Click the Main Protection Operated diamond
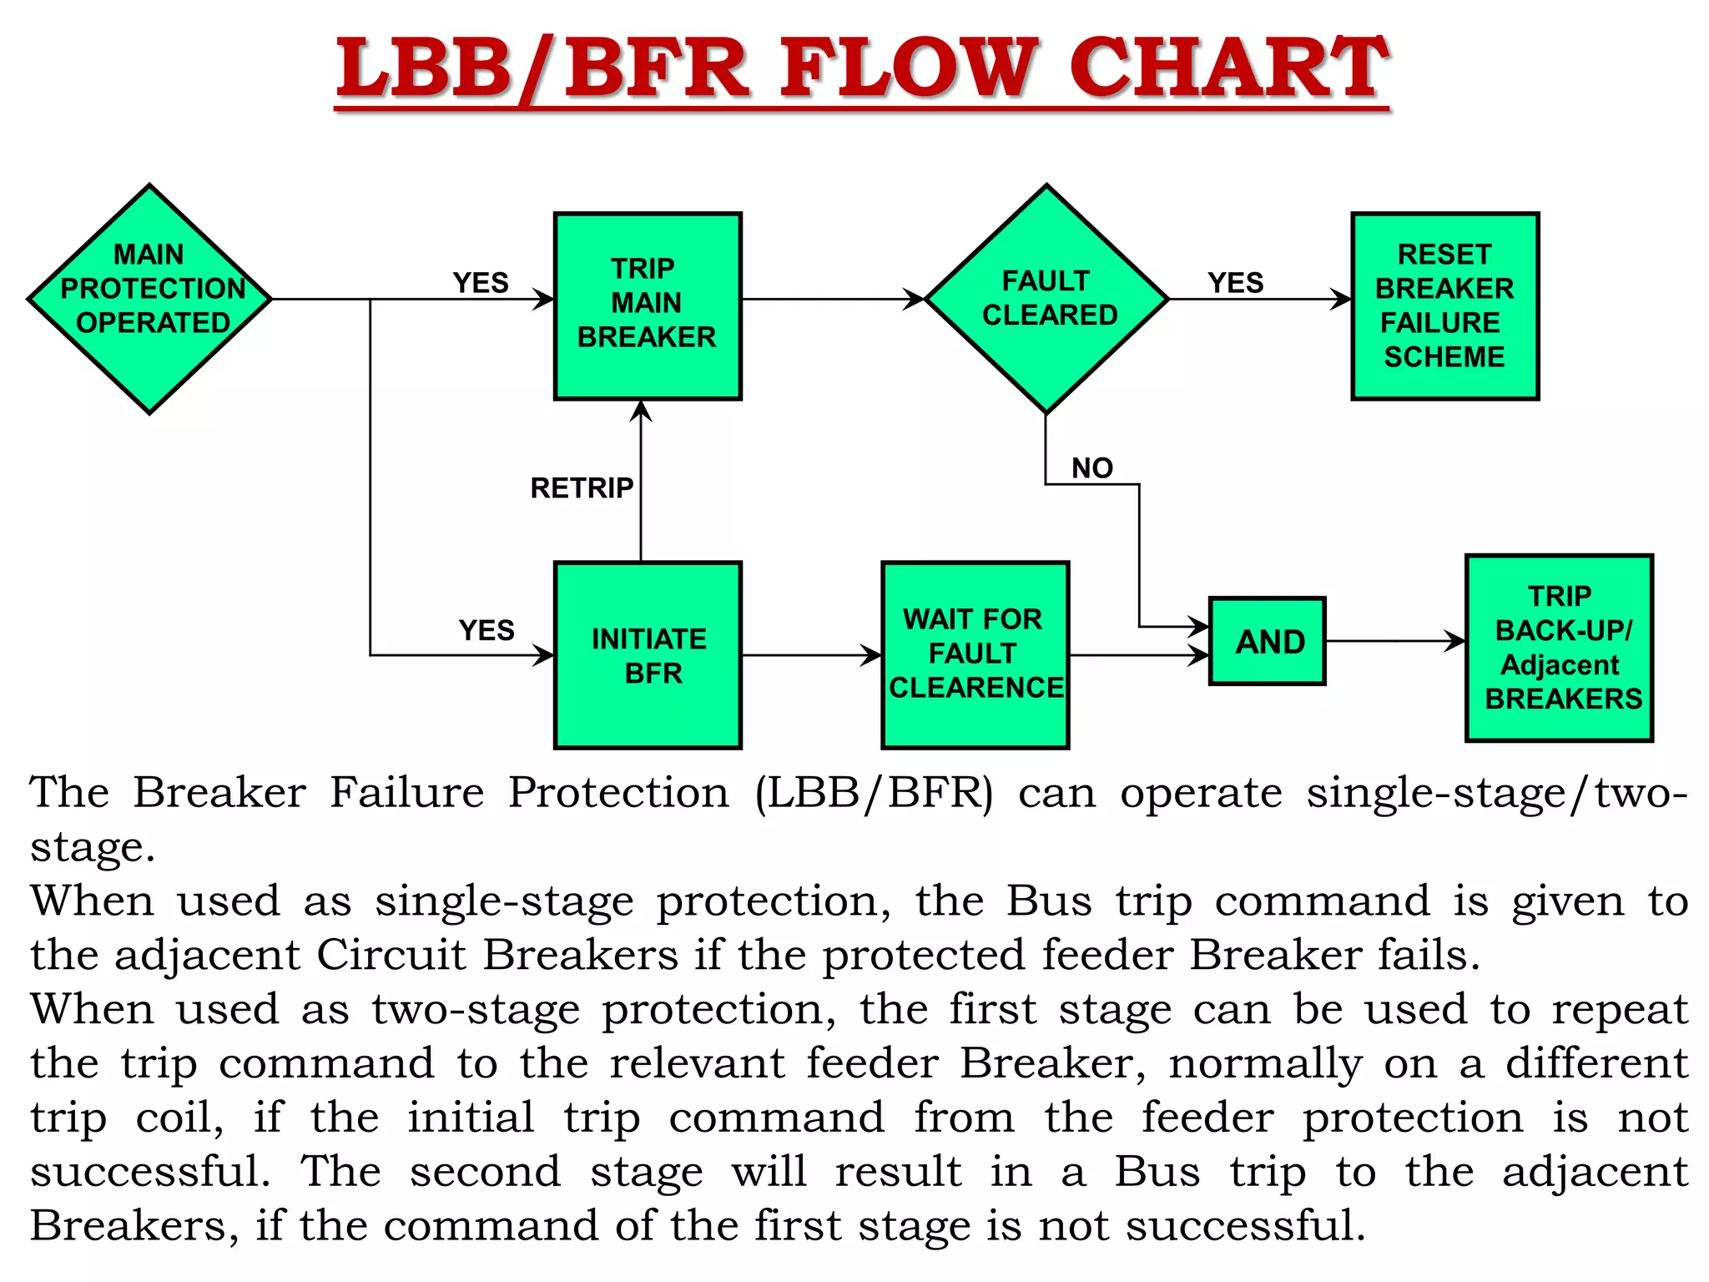(150, 298)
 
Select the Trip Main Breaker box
(648, 305)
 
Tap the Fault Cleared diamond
(1046, 298)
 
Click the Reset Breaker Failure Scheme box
(1444, 305)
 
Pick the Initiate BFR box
(648, 655)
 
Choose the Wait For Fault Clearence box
(975, 655)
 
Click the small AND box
(1267, 641)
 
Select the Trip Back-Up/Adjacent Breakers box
(1559, 648)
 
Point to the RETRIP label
(582, 488)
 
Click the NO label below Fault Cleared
(1092, 468)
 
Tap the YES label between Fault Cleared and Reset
(1235, 283)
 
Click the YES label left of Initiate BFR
(486, 630)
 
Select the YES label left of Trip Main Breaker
(481, 283)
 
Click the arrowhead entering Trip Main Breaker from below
(641, 411)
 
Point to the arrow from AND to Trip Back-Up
(1394, 641)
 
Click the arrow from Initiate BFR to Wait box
(809, 655)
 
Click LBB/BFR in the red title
(542, 68)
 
